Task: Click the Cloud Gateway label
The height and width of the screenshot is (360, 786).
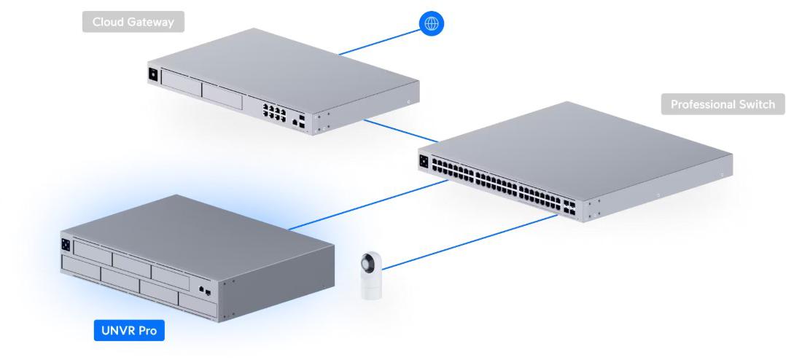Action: coord(133,22)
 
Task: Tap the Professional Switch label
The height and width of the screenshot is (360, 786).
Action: coord(723,104)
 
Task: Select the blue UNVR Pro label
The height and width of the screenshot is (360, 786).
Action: coord(129,332)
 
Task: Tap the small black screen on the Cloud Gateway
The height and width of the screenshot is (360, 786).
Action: coord(152,74)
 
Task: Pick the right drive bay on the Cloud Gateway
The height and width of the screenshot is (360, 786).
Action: coord(222,95)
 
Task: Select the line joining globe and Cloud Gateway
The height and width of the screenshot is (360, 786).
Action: coord(378,43)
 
